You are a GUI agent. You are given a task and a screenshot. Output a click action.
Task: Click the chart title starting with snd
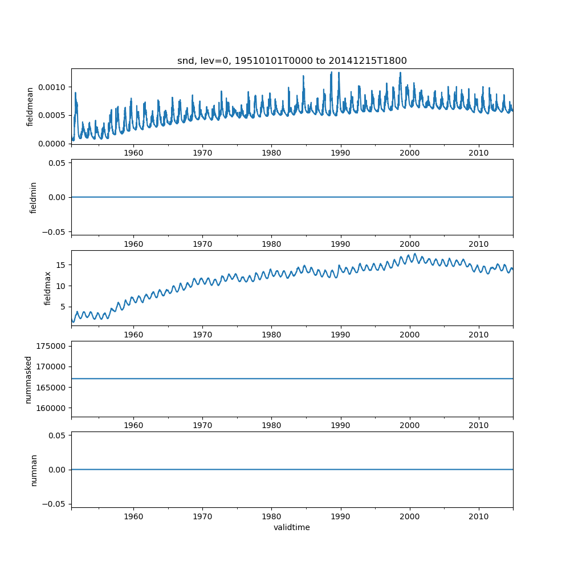[x=292, y=61]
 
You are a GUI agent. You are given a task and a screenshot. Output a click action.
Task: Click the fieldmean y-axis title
[x=30, y=106]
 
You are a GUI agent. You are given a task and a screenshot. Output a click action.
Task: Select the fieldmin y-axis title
[x=34, y=197]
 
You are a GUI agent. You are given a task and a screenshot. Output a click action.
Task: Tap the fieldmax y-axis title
[x=48, y=288]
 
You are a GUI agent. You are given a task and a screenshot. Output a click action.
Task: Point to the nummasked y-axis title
[x=28, y=379]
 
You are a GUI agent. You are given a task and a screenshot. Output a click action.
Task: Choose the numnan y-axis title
[x=34, y=470]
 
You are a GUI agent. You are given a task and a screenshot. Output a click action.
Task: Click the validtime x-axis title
[x=292, y=527]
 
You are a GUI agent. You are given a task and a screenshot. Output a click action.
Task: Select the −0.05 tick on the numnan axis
[x=50, y=504]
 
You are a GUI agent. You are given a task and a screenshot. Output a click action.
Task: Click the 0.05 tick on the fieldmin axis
[x=55, y=163]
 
